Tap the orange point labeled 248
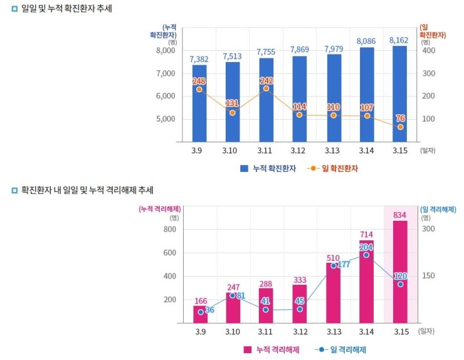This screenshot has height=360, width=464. click(199, 89)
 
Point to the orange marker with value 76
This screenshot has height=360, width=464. click(400, 127)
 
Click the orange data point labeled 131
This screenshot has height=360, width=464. click(233, 113)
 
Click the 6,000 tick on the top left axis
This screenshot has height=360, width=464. click(167, 96)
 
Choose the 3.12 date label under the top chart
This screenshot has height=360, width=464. click(299, 151)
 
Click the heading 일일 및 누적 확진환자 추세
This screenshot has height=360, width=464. click(66, 10)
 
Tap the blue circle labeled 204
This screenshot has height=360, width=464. click(366, 255)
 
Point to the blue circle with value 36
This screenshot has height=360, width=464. click(201, 312)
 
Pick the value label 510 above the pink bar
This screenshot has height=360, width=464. click(333, 258)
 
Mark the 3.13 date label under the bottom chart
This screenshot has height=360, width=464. click(333, 331)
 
